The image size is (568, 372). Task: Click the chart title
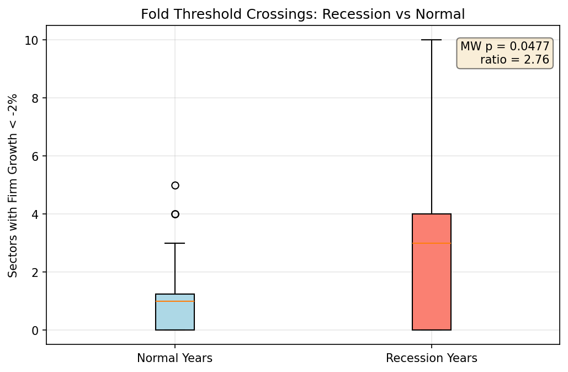302,14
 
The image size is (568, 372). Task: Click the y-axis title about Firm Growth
13,185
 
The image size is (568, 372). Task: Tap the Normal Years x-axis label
174,358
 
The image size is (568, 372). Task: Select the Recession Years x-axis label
431,358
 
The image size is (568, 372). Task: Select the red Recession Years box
431,287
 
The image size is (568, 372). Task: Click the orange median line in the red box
431,243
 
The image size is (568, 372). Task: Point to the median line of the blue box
175,301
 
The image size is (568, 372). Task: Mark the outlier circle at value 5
175,185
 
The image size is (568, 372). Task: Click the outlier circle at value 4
175,214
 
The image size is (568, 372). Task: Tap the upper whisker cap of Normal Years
175,243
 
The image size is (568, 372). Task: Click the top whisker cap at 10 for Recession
431,40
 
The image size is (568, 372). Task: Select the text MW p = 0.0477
505,46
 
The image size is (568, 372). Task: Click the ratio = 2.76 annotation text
514,60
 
